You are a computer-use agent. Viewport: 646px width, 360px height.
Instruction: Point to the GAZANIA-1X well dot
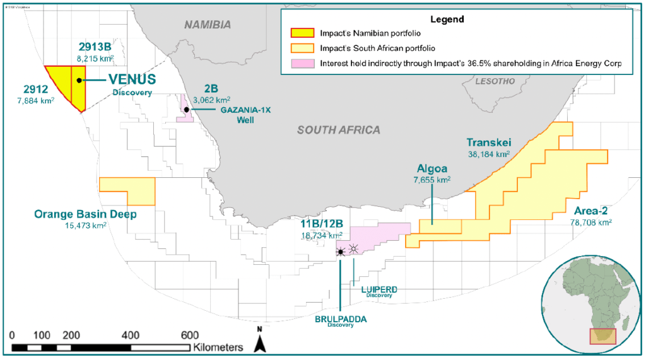point(187,110)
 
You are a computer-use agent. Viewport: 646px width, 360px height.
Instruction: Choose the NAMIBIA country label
point(208,25)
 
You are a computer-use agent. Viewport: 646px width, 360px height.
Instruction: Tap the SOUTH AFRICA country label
point(339,130)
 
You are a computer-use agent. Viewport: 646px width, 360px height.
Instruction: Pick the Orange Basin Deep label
point(85,214)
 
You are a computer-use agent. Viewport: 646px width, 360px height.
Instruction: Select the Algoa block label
point(432,169)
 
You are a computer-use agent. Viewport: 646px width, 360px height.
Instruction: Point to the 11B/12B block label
point(322,224)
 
